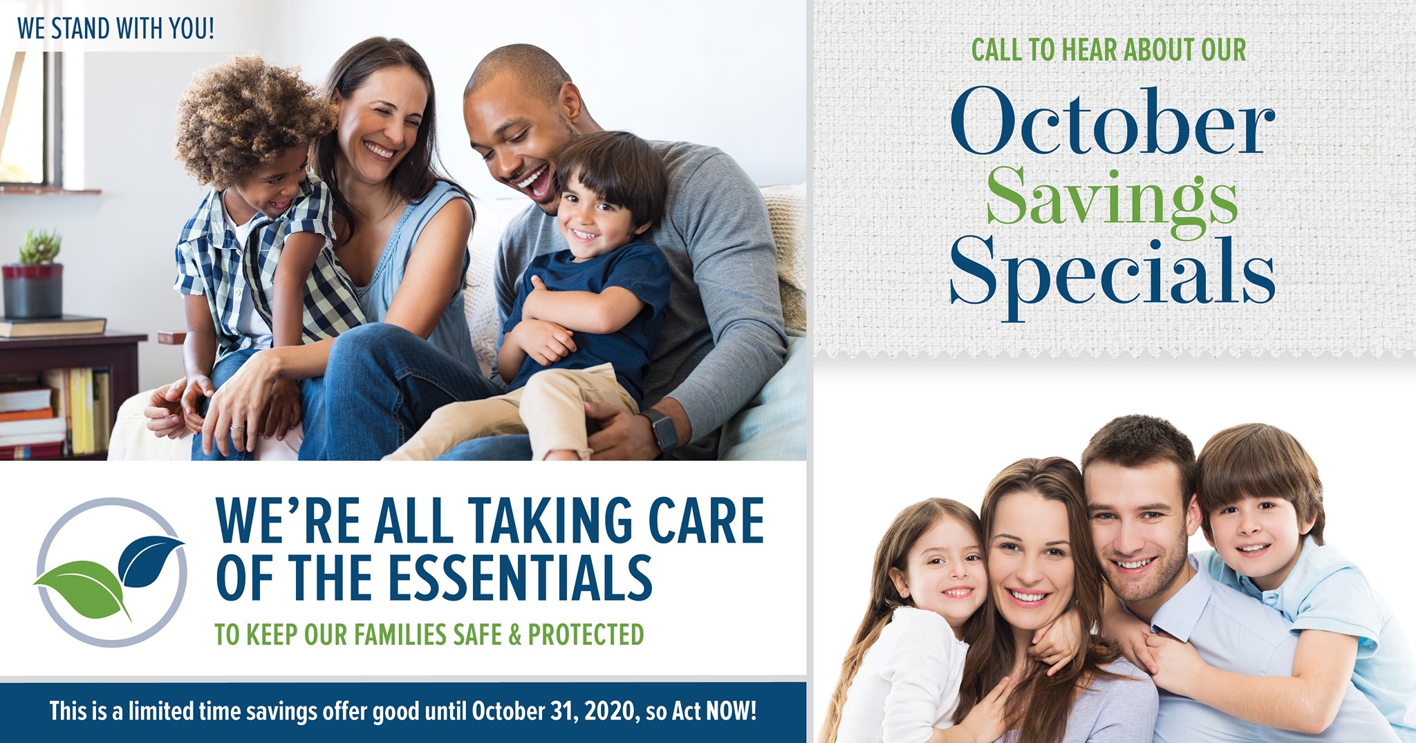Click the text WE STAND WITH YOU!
tap(115, 29)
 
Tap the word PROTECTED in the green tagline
tap(586, 634)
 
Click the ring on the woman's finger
tap(236, 427)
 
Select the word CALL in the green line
tap(996, 50)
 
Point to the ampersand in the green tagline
tap(515, 634)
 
